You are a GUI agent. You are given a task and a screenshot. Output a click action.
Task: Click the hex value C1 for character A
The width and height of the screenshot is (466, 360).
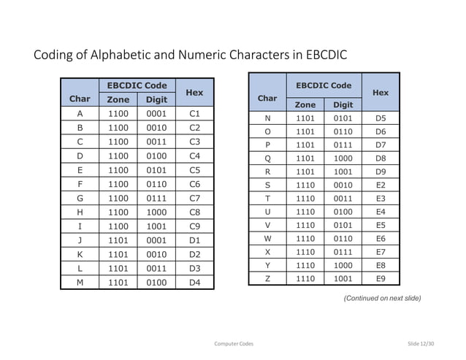pyautogui.click(x=194, y=114)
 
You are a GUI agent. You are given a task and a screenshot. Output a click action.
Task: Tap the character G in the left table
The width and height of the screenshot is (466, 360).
pyautogui.click(x=80, y=198)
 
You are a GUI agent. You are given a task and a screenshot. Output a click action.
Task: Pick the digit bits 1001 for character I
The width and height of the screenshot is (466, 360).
pyautogui.click(x=157, y=226)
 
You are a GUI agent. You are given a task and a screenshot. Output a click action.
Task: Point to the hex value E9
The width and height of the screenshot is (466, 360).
pyautogui.click(x=380, y=277)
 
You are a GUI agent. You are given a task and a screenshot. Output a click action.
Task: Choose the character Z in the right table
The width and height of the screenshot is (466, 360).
pyautogui.click(x=267, y=277)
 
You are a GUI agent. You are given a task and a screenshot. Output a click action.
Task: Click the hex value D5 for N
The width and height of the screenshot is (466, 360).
pyautogui.click(x=380, y=118)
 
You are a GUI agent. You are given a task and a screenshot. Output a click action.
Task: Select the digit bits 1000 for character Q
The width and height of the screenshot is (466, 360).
pyautogui.click(x=343, y=158)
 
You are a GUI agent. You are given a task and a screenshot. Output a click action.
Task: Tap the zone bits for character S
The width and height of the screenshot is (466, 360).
pyautogui.click(x=305, y=185)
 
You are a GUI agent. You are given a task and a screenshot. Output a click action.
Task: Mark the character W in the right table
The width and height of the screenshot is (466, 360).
pyautogui.click(x=267, y=238)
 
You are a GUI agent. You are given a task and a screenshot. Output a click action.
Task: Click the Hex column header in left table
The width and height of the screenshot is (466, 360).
pyautogui.click(x=194, y=93)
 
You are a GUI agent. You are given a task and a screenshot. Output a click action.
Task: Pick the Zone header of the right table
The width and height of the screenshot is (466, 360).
pyautogui.click(x=305, y=104)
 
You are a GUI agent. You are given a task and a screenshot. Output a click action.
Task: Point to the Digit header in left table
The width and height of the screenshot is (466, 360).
pyautogui.click(x=157, y=99)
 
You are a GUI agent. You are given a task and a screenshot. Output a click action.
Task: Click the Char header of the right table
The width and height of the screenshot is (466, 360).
pyautogui.click(x=267, y=98)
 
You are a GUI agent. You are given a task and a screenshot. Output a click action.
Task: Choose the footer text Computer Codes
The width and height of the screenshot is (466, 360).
pyautogui.click(x=233, y=342)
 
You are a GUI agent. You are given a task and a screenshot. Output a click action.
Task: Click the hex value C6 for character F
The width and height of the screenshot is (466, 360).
pyautogui.click(x=194, y=184)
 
